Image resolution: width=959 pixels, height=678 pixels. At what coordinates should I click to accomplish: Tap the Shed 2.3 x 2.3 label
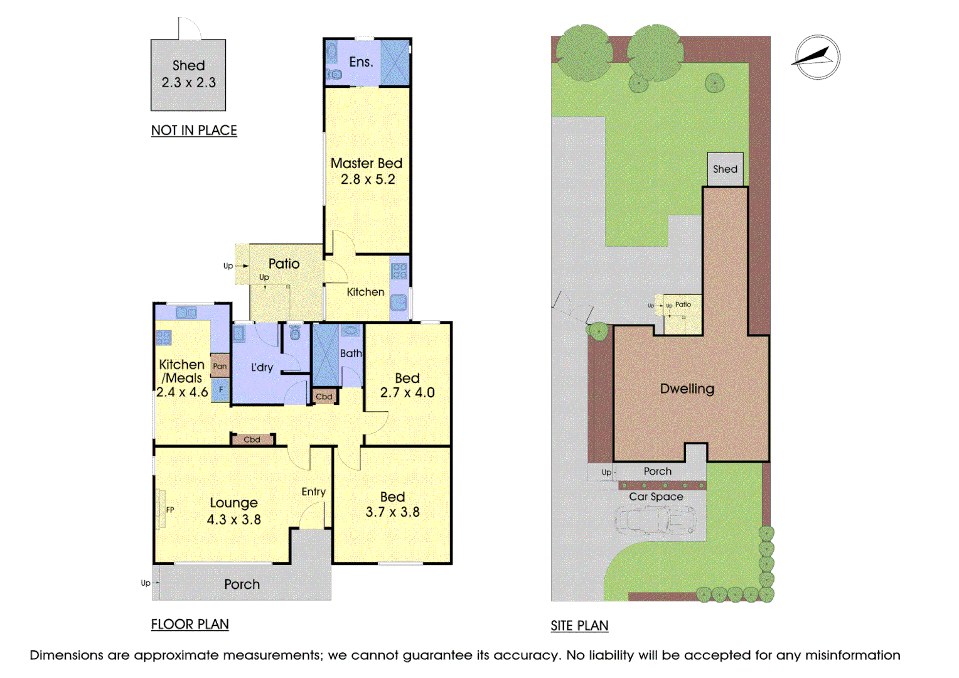pyautogui.click(x=188, y=73)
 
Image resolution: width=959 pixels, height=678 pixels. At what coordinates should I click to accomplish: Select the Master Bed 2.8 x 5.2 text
pyautogui.click(x=367, y=171)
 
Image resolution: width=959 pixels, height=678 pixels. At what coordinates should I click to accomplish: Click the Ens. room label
pyautogui.click(x=361, y=62)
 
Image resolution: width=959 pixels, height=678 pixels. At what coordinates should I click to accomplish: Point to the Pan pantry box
pyautogui.click(x=220, y=365)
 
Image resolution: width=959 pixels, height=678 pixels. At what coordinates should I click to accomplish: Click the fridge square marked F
pyautogui.click(x=221, y=389)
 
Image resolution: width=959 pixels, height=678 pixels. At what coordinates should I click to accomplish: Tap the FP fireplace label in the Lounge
pyautogui.click(x=170, y=510)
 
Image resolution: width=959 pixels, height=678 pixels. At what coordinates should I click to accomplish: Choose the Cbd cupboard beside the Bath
pyautogui.click(x=324, y=396)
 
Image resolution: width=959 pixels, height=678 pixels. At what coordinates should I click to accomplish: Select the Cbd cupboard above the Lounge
pyautogui.click(x=252, y=439)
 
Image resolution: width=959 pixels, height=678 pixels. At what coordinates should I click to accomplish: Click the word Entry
pyautogui.click(x=313, y=492)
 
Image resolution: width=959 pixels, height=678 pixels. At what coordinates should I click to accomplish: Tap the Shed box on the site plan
pyautogui.click(x=726, y=169)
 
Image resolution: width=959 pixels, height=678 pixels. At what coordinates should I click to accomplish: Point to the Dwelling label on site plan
pyautogui.click(x=687, y=389)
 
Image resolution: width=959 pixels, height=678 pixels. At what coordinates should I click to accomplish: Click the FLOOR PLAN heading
pyautogui.click(x=190, y=624)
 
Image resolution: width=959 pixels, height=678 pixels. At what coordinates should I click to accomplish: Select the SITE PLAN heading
pyautogui.click(x=579, y=626)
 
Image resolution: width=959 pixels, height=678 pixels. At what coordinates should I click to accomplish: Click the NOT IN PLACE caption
pyautogui.click(x=194, y=130)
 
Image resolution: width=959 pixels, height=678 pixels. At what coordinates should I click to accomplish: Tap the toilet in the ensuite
pyautogui.click(x=333, y=75)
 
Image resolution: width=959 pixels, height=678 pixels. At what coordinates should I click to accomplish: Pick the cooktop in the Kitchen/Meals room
pyautogui.click(x=164, y=338)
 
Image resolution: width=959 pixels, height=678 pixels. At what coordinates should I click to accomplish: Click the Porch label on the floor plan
pyautogui.click(x=242, y=584)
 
